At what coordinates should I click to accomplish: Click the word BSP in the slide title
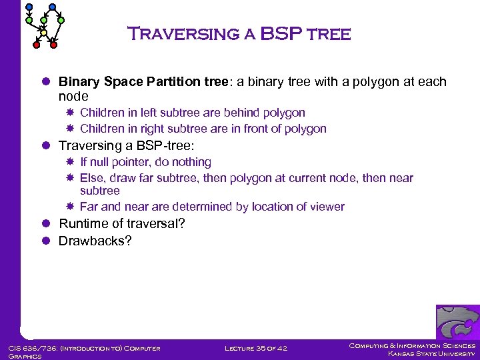pyautogui.click(x=280, y=33)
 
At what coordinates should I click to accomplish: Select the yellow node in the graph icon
pyautogui.click(x=43, y=32)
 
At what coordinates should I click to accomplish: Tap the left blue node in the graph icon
pyautogui.click(x=29, y=7)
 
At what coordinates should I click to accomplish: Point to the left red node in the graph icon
pyautogui.click(x=37, y=45)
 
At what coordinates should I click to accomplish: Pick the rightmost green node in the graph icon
pyautogui.click(x=61, y=21)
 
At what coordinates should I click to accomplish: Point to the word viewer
pyautogui.click(x=327, y=207)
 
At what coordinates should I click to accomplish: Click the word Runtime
pyautogui.click(x=83, y=223)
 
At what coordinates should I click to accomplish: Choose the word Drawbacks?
pyautogui.click(x=95, y=241)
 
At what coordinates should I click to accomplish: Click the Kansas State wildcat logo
pyautogui.click(x=457, y=323)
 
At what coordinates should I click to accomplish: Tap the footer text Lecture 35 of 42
pyautogui.click(x=256, y=348)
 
